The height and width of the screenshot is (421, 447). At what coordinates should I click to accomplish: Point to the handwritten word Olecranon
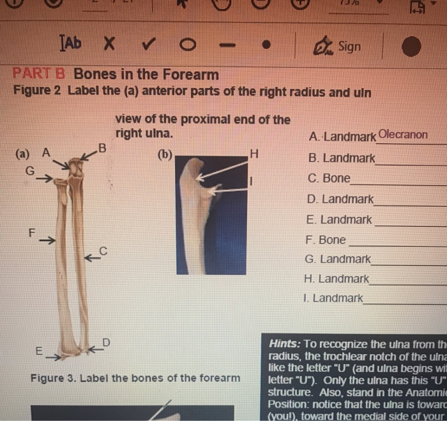tap(403, 135)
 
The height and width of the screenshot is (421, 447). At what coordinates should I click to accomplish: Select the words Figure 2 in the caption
tap(36, 91)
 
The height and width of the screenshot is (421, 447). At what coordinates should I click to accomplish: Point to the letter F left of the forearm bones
tap(30, 233)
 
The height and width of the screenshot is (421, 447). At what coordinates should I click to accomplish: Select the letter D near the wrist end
tap(107, 344)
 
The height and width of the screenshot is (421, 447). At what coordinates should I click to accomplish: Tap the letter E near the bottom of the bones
tap(40, 351)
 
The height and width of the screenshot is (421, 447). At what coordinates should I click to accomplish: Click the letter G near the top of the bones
tap(29, 171)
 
